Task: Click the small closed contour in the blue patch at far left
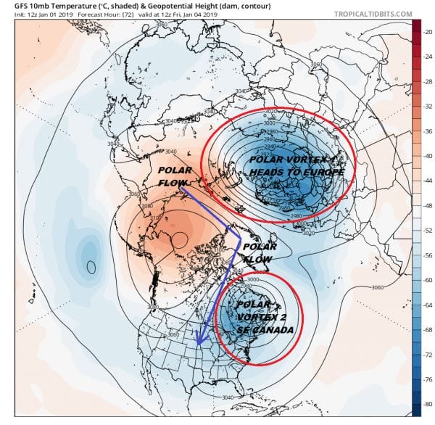[x=91, y=266]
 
